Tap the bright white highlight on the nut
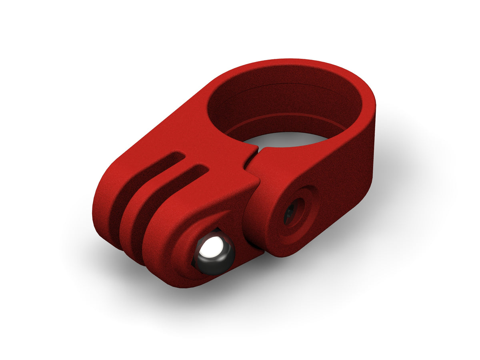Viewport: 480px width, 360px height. pos(211,247)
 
